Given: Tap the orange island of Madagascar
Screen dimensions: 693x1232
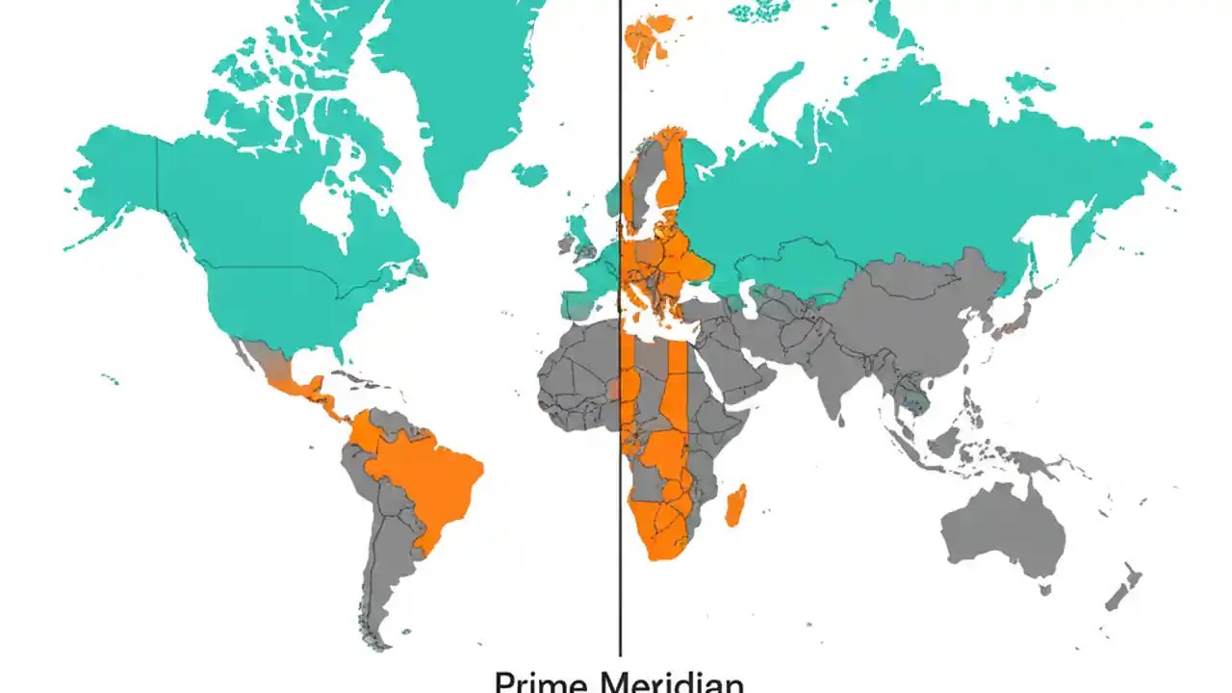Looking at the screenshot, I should click(x=734, y=505).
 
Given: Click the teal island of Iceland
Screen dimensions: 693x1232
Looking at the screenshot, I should click(x=529, y=174).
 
